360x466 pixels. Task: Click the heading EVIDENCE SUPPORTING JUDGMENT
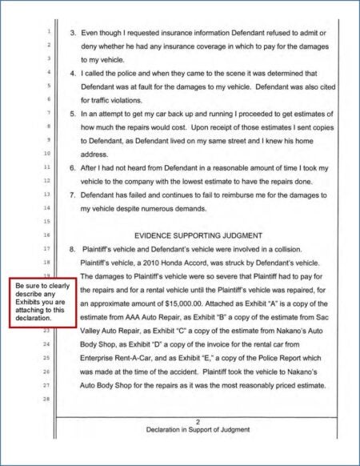pos(198,235)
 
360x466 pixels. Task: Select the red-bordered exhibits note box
pos(42,302)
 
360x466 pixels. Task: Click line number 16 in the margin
pos(48,235)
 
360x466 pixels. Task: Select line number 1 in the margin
pos(49,32)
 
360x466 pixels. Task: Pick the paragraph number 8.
pos(73,248)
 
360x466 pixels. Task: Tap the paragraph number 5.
pos(73,114)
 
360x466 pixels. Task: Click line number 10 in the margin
pos(48,154)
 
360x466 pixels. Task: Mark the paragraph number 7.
pos(73,195)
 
